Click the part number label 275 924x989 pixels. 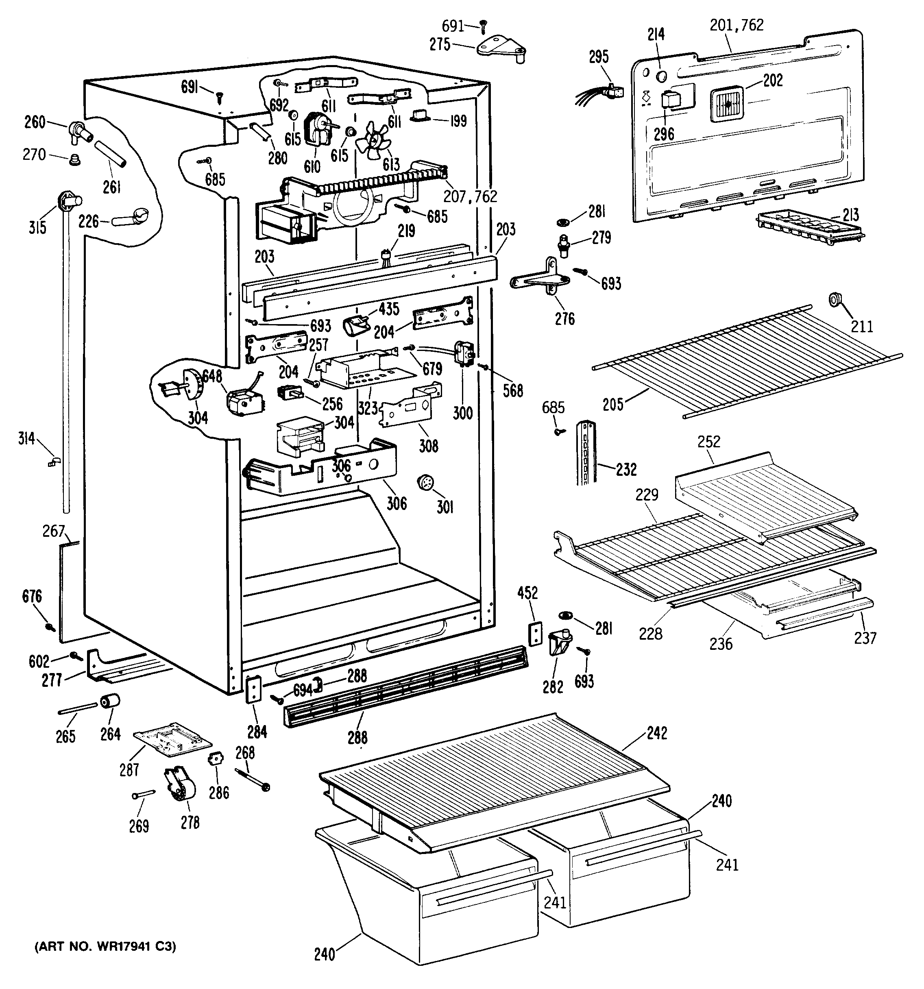[440, 45]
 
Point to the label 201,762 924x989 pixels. [737, 25]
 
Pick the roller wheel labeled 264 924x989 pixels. [110, 701]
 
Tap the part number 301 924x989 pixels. [445, 507]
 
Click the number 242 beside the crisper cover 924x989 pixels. [657, 733]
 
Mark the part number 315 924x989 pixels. [37, 227]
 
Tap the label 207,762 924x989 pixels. [470, 196]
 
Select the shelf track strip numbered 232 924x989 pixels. [585, 452]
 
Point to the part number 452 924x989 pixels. [527, 593]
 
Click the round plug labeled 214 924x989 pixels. [662, 76]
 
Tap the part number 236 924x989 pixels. [721, 644]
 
